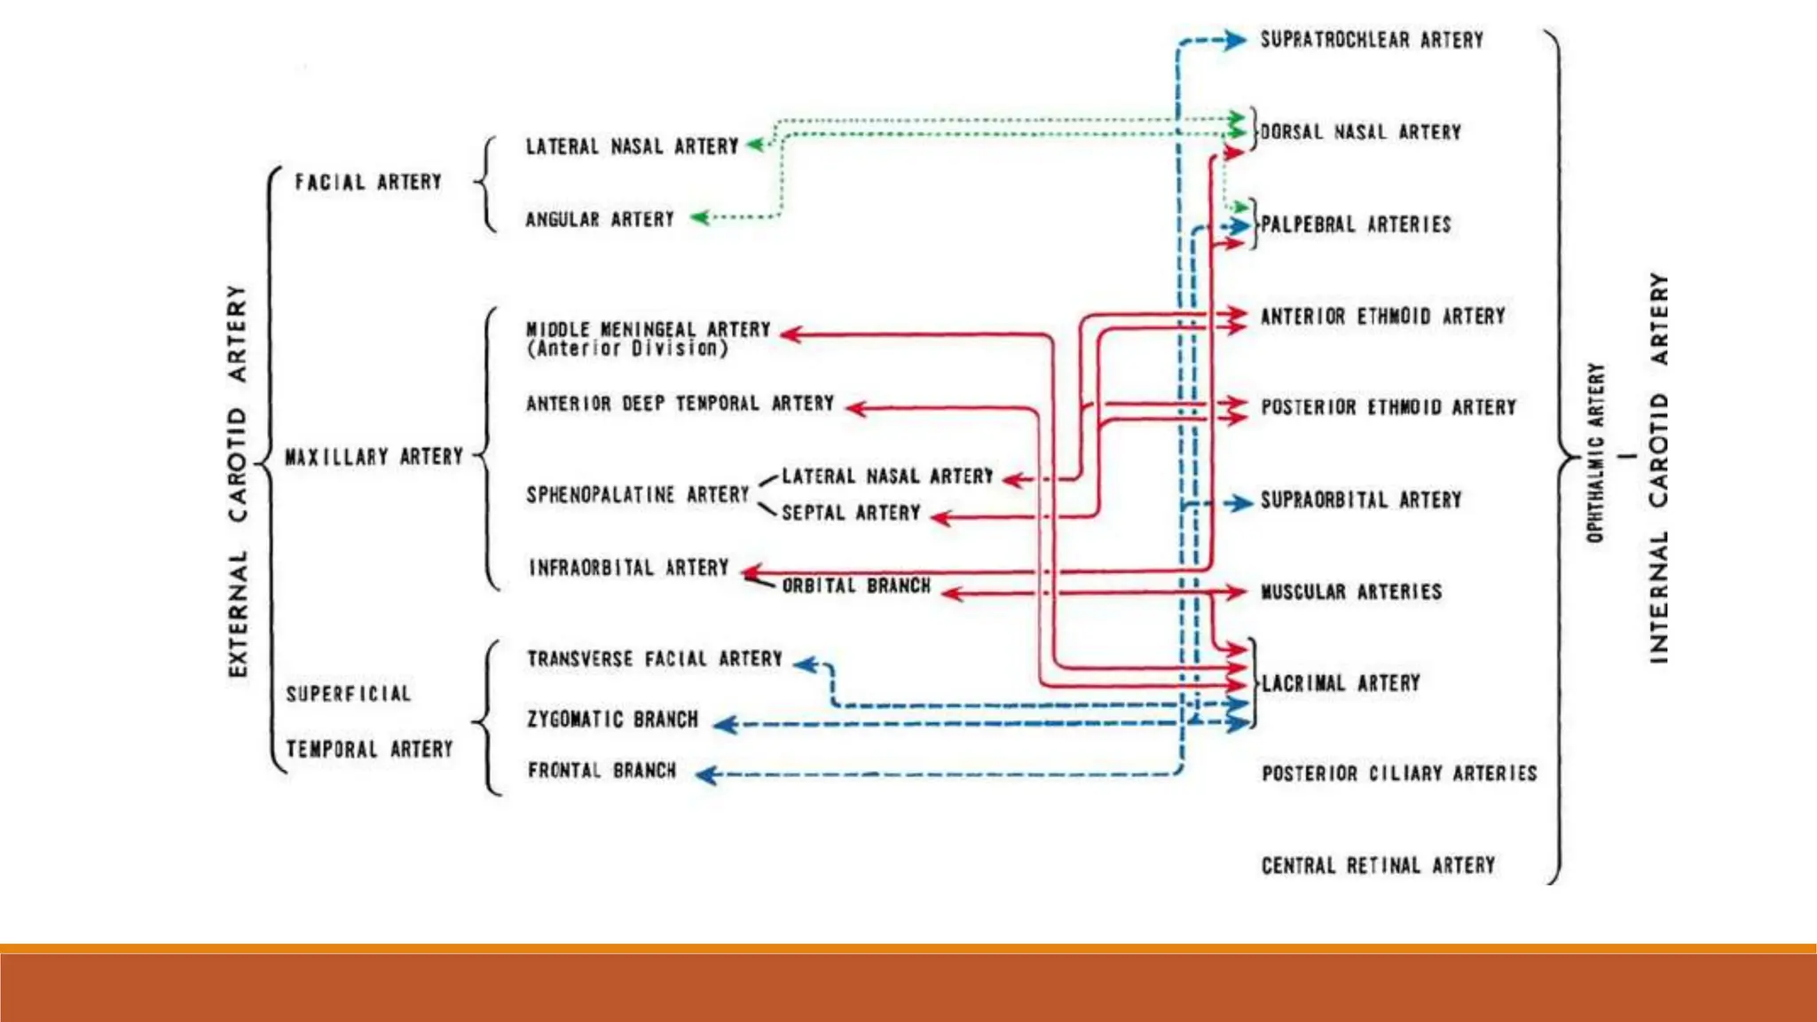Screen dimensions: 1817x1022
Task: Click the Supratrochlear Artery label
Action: point(1372,40)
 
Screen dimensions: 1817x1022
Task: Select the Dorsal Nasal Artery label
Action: point(1360,132)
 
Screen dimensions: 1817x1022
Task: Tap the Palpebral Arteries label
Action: point(1356,224)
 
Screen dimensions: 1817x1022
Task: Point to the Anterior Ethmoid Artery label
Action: point(1383,317)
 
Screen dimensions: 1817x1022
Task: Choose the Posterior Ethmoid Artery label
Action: point(1388,407)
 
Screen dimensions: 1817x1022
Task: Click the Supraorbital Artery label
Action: point(1361,500)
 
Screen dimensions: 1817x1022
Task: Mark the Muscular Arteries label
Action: point(1351,592)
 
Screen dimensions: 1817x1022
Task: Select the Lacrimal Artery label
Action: point(1341,683)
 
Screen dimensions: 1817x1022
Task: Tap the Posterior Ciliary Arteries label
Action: point(1399,774)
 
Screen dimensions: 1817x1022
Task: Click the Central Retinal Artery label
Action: point(1378,865)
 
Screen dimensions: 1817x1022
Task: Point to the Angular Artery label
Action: point(600,219)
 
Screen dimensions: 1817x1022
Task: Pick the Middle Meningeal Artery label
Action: point(649,329)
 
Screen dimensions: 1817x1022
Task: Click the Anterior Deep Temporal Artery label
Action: point(680,404)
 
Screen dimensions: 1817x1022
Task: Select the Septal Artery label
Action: point(851,513)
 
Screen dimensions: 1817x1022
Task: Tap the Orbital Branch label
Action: point(856,586)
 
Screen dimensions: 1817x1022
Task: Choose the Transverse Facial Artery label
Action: point(655,659)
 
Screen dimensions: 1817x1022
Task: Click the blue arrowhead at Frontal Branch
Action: point(707,775)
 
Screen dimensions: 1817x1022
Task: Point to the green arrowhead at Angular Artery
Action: point(701,217)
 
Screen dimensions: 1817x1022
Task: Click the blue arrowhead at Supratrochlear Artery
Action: point(1235,40)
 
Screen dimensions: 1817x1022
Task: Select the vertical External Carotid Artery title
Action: point(238,482)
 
